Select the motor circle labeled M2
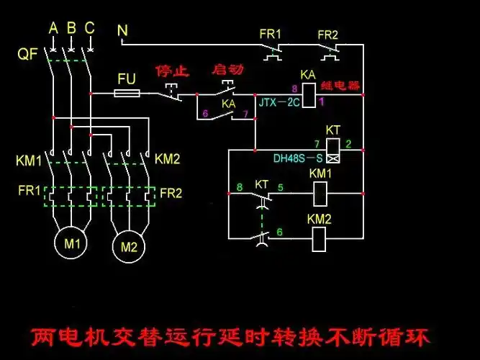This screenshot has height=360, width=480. click(129, 248)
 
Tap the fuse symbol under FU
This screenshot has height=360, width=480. click(127, 94)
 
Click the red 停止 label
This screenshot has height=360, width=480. click(171, 71)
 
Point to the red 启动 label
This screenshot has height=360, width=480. click(227, 70)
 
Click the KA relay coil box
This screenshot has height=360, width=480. click(307, 94)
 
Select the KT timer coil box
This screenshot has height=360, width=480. click(333, 150)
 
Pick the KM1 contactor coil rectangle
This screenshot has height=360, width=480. click(321, 192)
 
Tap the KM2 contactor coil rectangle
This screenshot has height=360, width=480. click(321, 239)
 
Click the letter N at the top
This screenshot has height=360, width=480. click(122, 31)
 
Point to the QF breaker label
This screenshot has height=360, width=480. click(27, 54)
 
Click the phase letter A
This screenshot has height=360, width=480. click(53, 28)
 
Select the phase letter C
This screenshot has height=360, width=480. click(89, 28)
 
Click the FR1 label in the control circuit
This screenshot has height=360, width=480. click(271, 34)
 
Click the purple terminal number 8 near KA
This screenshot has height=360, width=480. click(294, 89)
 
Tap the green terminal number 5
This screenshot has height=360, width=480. click(281, 188)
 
